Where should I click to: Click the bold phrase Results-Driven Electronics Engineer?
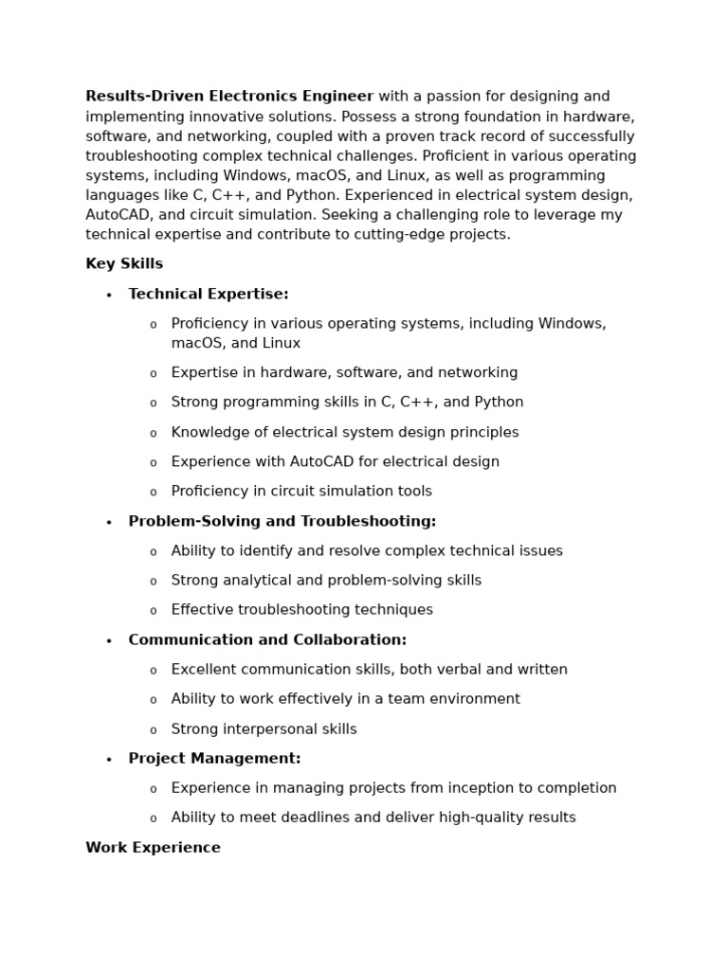point(229,97)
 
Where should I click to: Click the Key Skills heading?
point(124,264)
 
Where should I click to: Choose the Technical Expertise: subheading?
point(209,295)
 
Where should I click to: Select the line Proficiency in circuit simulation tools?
point(301,492)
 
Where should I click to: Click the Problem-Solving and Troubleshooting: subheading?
point(282,522)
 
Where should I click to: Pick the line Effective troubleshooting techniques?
point(301,610)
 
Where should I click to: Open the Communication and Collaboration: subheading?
point(267,640)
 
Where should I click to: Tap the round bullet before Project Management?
point(109,760)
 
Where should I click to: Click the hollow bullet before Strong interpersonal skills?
point(154,730)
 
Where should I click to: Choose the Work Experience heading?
point(153,848)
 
